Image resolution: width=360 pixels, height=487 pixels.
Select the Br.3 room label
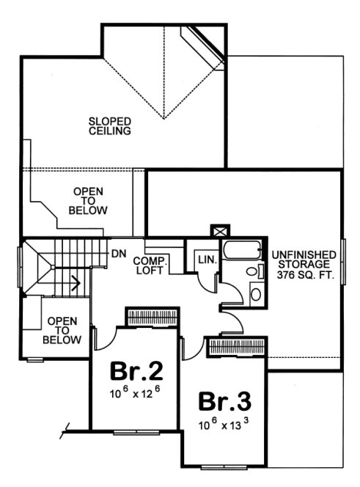pyautogui.click(x=224, y=402)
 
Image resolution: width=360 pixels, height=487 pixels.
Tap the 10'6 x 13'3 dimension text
pyautogui.click(x=224, y=425)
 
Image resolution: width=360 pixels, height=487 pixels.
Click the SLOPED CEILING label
pyautogui.click(x=110, y=126)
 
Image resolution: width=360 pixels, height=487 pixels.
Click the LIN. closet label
pyautogui.click(x=204, y=259)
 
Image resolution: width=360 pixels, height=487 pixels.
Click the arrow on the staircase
pyautogui.click(x=75, y=279)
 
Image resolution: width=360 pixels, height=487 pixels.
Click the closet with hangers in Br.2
pyautogui.click(x=149, y=317)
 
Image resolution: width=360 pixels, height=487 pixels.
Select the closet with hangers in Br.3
pyautogui.click(x=238, y=346)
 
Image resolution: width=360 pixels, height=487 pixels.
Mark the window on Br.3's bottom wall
pyautogui.click(x=224, y=466)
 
